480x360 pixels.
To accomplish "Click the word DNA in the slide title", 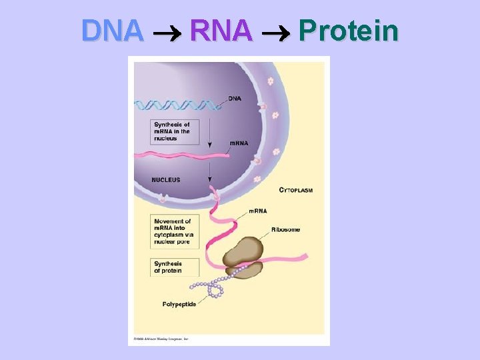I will coord(112,31).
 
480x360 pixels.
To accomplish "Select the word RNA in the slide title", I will coord(221,31).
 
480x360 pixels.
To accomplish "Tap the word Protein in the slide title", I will coord(348,31).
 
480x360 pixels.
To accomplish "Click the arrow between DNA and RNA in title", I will coord(167,32).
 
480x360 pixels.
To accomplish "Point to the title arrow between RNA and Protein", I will coord(275,32).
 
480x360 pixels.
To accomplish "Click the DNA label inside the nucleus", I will coord(235,99).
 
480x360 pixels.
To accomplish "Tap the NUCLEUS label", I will coord(166,180).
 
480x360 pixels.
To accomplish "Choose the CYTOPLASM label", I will coord(295,190).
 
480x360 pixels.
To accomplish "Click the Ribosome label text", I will coord(285,230).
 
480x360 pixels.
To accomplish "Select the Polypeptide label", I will coord(179,305).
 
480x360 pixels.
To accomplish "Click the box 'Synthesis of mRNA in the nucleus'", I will coord(171,131).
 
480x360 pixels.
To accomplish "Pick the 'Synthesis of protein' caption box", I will coord(168,267).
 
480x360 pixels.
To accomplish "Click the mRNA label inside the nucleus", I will coord(239,144).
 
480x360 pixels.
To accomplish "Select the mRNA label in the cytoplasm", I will coord(258,211).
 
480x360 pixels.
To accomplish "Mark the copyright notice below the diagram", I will coord(161,339).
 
